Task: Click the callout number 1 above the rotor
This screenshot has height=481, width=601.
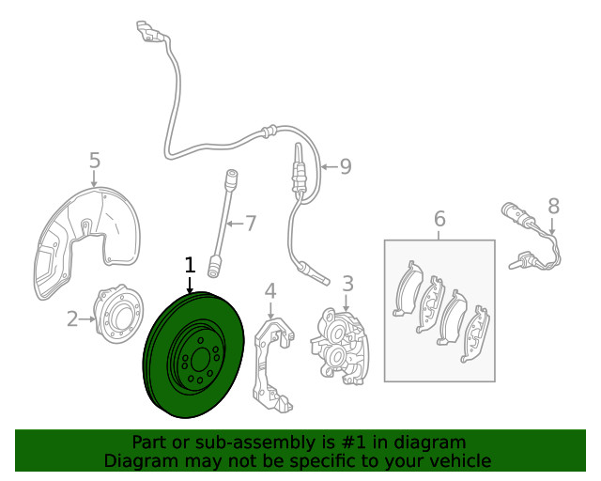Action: (190, 266)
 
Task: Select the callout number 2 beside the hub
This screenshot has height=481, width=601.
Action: (72, 319)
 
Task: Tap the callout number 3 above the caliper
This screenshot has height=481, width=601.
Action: (347, 284)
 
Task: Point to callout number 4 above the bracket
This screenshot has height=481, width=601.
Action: (270, 291)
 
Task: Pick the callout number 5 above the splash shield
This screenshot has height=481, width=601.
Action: (95, 161)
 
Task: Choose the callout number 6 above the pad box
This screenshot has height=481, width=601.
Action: (440, 219)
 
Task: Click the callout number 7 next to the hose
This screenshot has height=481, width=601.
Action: (251, 224)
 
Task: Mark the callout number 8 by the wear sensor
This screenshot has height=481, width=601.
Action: (553, 206)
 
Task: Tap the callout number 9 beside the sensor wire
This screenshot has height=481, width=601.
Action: (346, 166)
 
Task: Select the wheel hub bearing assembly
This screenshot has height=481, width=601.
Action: (119, 314)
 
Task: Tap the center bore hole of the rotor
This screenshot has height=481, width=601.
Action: (200, 360)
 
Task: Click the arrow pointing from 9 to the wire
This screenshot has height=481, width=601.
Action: (330, 167)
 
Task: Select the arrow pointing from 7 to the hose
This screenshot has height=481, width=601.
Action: (235, 224)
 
